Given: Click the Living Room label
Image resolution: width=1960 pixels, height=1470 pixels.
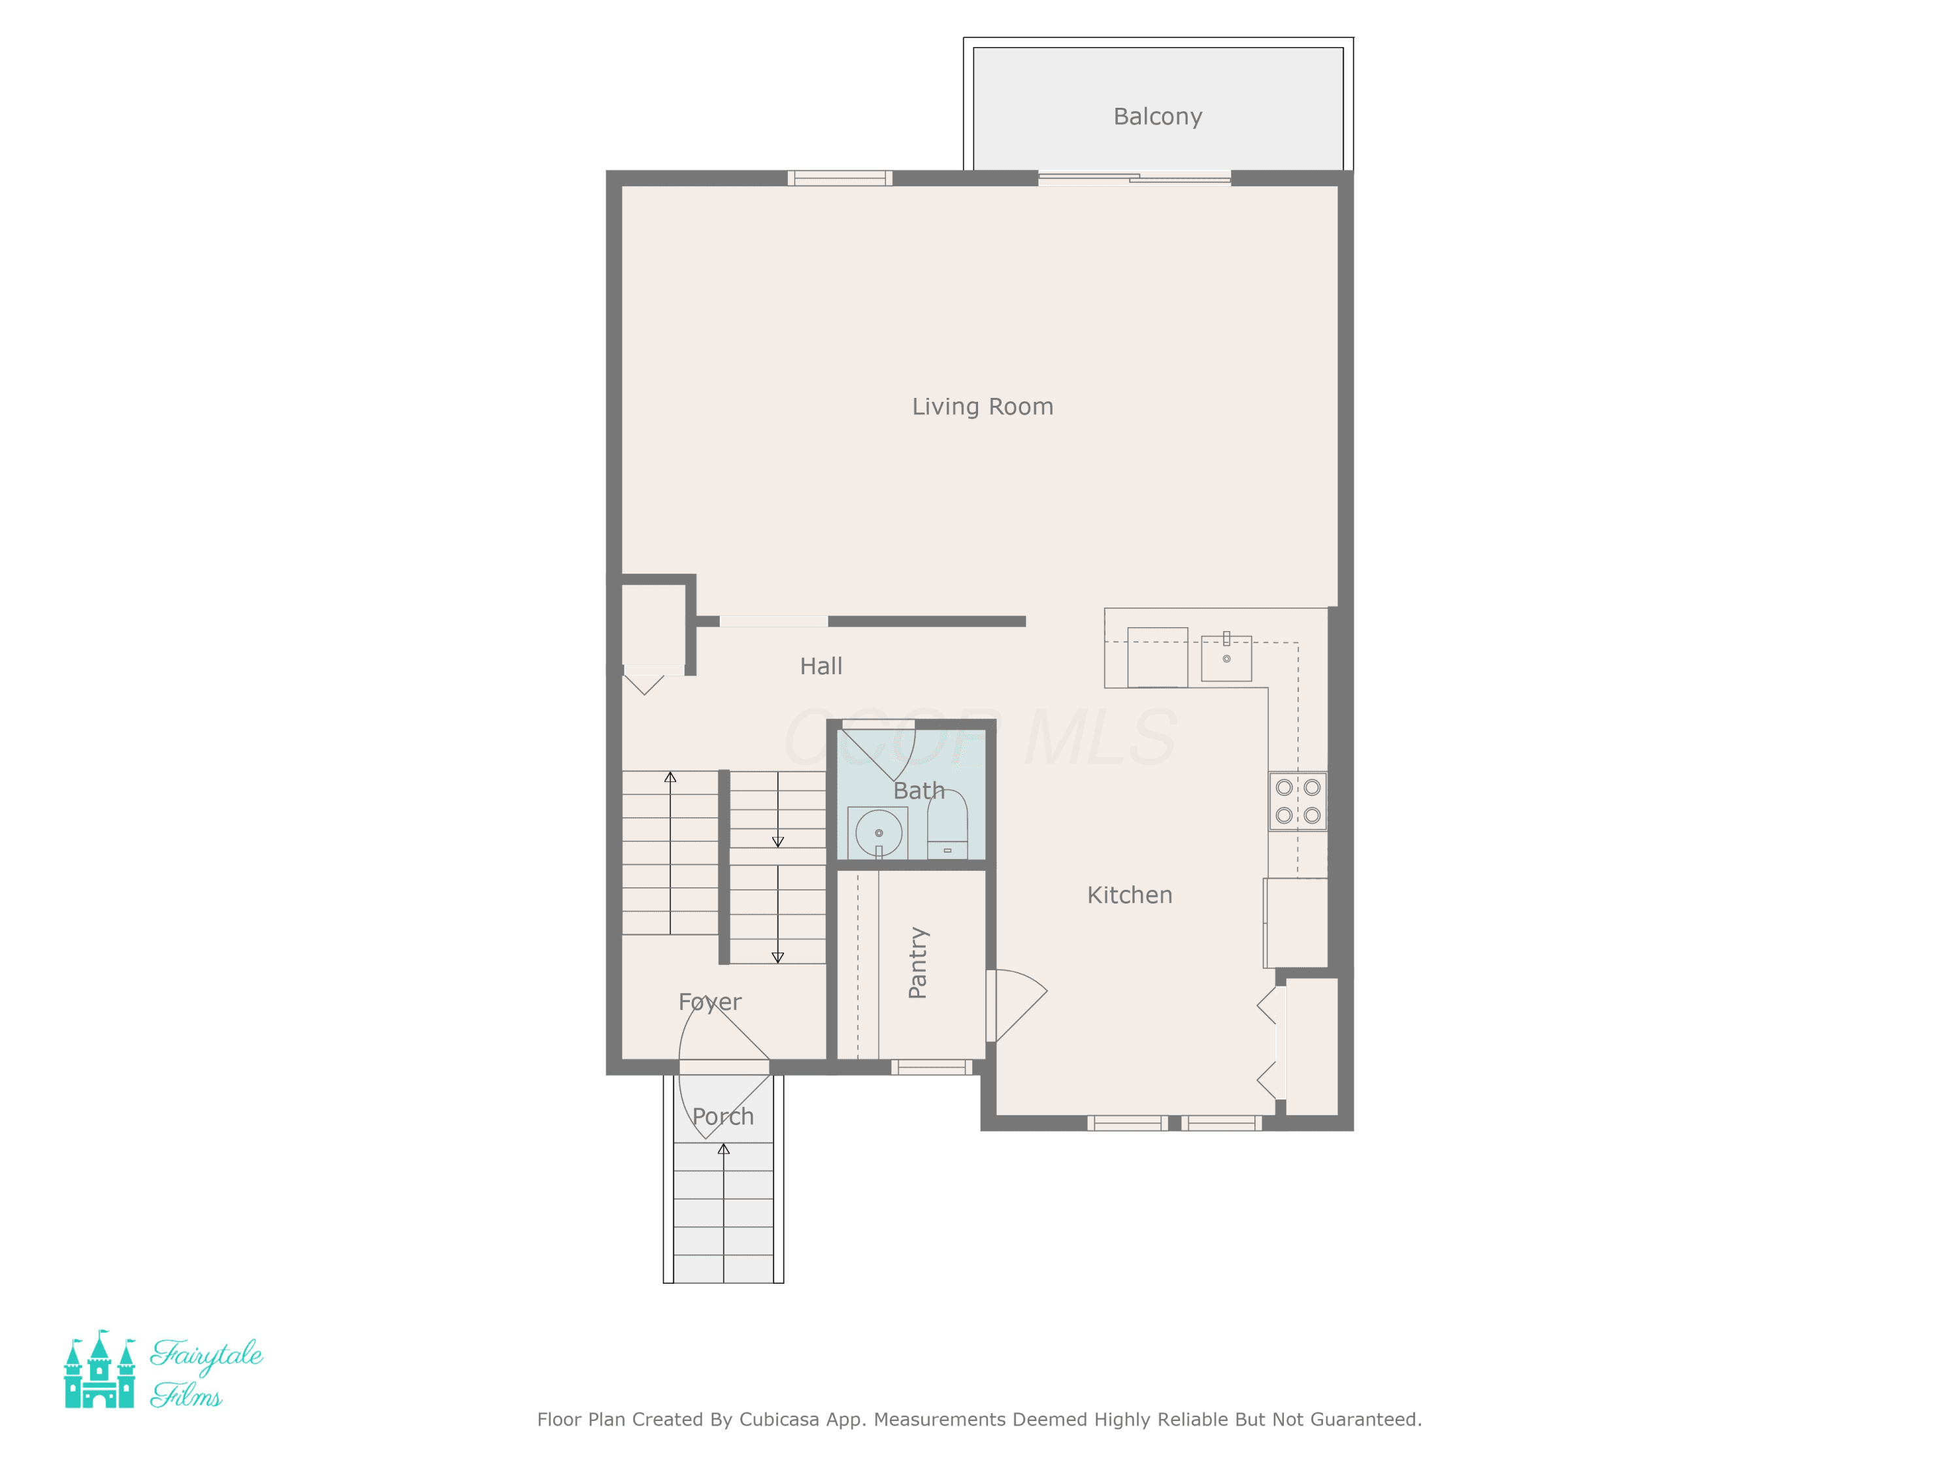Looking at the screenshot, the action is coord(983,407).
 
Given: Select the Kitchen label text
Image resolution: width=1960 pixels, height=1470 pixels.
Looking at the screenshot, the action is coord(1130,895).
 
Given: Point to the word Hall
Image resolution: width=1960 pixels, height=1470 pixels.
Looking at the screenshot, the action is coord(821,666).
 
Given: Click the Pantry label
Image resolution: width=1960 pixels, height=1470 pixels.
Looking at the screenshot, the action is coord(918,963).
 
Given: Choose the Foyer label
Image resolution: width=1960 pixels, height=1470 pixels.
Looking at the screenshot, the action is coord(710,1002).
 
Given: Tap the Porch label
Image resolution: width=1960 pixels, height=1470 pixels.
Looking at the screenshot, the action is coord(723,1117).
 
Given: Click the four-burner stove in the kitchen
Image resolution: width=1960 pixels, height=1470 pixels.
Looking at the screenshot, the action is coord(1298,801).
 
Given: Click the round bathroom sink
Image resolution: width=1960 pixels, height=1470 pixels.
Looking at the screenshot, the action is coord(878,833).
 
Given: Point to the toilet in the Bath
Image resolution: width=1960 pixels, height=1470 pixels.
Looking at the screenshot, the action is coord(947,824).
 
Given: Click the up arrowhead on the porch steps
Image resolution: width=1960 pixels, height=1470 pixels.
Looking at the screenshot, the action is coord(723,1149).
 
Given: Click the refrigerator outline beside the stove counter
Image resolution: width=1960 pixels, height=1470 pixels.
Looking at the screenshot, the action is coord(1296,923).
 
